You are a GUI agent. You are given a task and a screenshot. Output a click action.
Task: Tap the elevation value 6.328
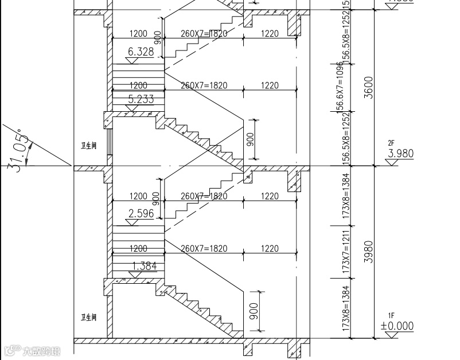point(141,52)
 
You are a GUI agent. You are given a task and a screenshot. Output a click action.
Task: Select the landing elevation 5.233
point(141,99)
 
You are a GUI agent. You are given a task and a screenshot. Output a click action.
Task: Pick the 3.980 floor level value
point(400,154)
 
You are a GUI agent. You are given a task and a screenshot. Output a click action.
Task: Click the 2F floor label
point(392,143)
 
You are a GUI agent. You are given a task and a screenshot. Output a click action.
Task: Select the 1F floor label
point(392,316)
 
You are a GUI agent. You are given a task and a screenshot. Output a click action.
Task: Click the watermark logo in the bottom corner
point(32,350)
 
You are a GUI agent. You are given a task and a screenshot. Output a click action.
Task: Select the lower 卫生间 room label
point(88,317)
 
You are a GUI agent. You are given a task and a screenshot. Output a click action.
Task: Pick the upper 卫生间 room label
point(88,146)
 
